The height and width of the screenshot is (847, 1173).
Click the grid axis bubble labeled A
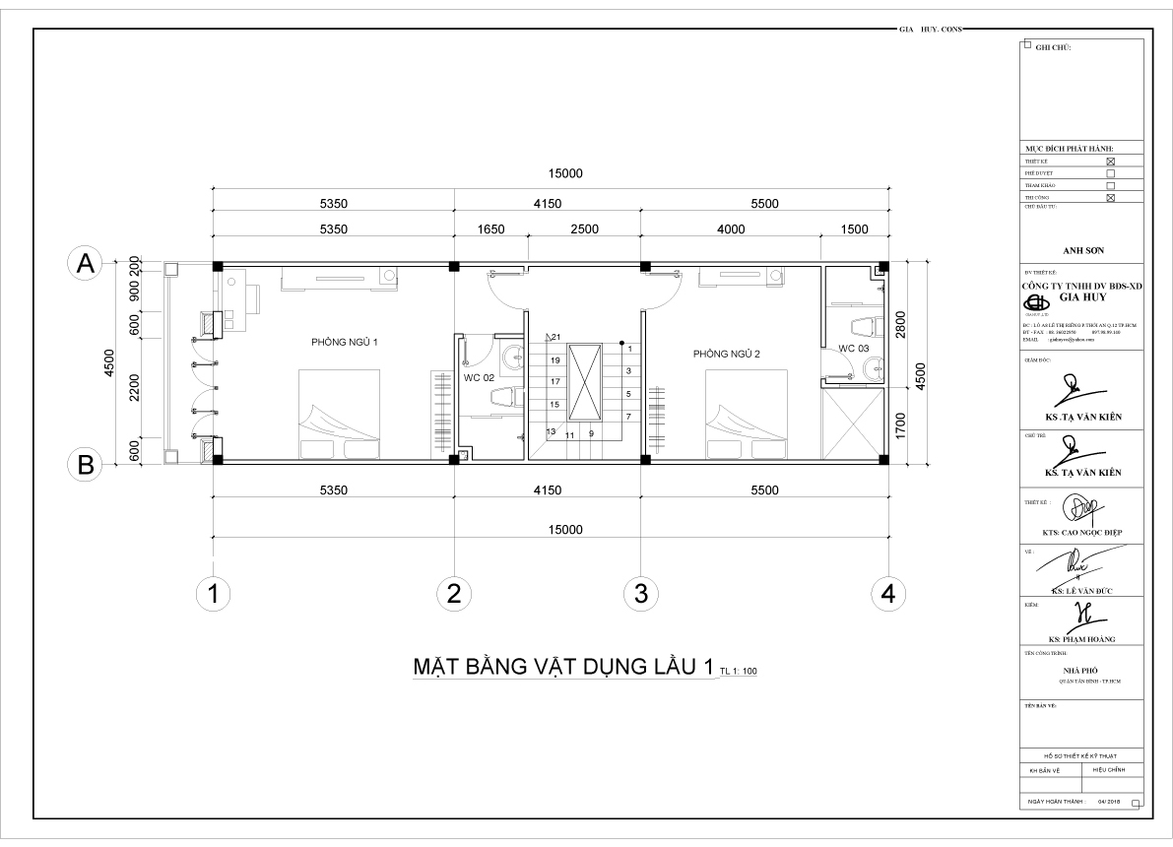(87, 264)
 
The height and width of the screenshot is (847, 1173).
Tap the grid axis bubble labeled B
(87, 465)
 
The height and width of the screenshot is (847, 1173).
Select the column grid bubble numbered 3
(640, 593)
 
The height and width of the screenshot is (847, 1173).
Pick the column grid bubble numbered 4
(888, 593)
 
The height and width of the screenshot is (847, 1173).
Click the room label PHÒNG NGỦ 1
(345, 342)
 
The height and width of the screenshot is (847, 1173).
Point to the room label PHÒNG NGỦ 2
(726, 354)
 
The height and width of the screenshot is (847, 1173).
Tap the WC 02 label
(479, 376)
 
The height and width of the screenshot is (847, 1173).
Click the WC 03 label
(853, 349)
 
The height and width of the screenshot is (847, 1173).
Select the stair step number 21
(555, 338)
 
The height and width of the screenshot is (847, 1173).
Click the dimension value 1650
(490, 229)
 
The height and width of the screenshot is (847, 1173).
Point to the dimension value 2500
(584, 229)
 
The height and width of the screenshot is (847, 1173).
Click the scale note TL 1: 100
(738, 672)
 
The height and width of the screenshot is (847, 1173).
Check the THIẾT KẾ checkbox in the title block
(1111, 161)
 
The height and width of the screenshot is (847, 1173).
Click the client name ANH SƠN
(1081, 250)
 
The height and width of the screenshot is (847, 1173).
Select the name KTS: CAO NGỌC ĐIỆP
(1081, 533)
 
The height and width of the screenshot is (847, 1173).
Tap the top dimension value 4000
(730, 229)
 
